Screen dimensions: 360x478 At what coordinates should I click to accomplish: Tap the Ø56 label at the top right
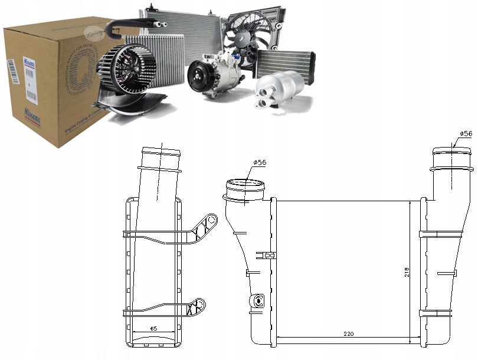(465, 134)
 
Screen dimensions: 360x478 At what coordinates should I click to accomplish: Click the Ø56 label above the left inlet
(260, 162)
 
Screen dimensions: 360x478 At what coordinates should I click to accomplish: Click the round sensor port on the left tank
(257, 301)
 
